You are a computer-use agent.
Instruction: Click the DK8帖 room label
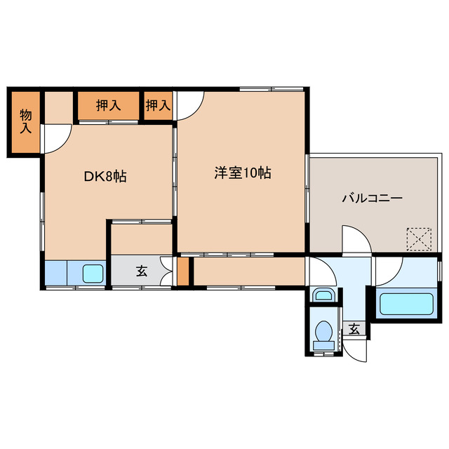click(106, 177)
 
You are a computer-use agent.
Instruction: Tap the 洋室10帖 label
click(243, 173)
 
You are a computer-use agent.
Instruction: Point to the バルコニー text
click(372, 199)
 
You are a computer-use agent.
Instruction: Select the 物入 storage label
click(26, 121)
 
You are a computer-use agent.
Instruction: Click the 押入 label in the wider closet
click(108, 106)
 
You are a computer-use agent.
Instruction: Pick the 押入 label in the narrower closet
click(158, 106)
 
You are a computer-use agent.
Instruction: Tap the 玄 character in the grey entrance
click(142, 272)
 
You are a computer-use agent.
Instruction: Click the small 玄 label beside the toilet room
click(355, 328)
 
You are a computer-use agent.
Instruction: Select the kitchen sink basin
click(93, 272)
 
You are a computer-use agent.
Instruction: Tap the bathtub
click(406, 304)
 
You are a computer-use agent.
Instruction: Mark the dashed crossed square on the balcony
click(420, 239)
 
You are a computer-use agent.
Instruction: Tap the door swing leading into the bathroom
click(389, 269)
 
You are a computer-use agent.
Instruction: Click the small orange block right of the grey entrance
click(183, 272)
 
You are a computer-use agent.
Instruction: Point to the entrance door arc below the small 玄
click(356, 349)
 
